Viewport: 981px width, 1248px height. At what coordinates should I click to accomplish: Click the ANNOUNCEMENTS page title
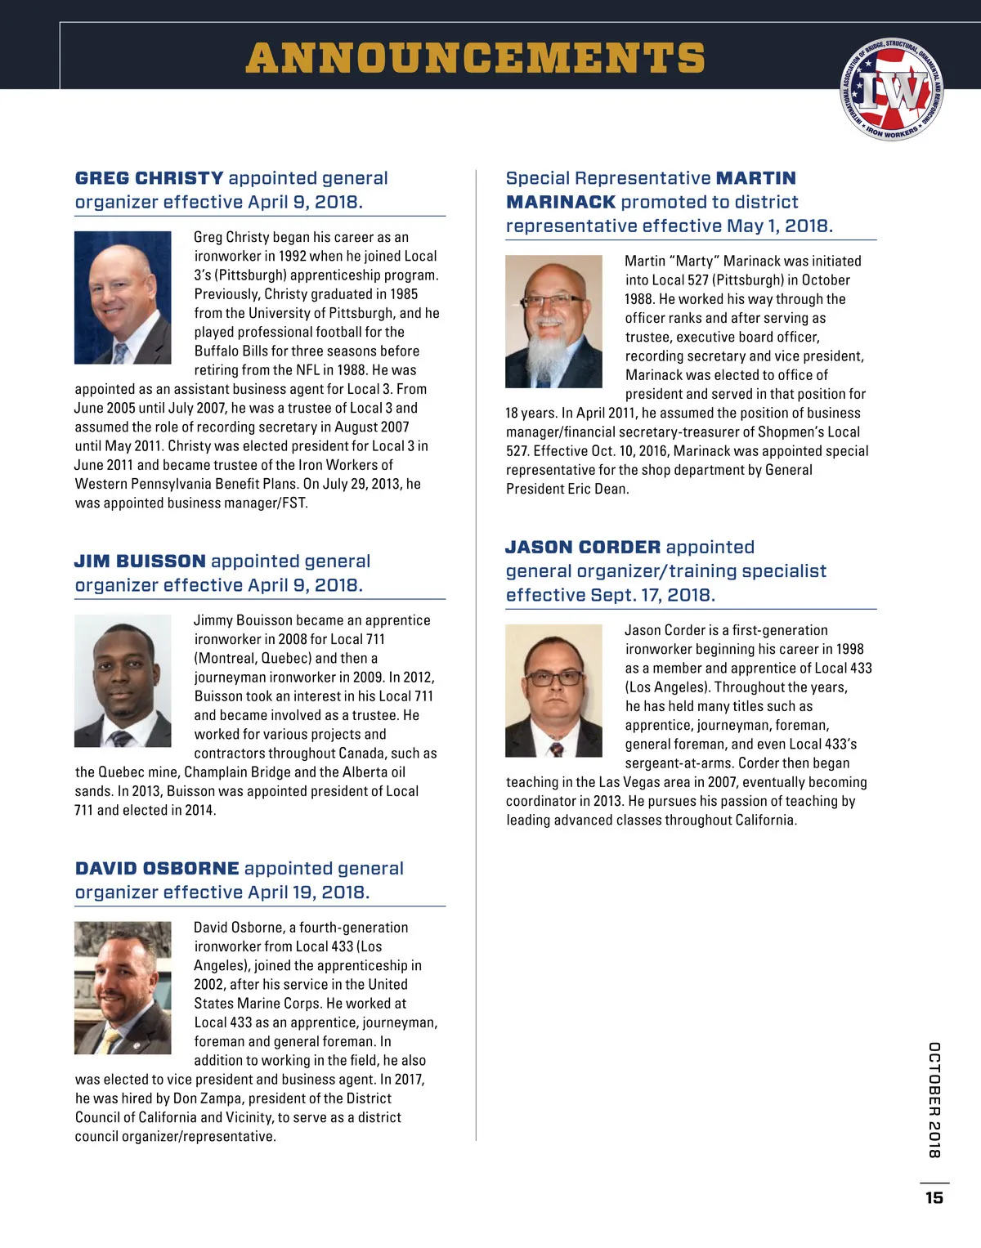475,58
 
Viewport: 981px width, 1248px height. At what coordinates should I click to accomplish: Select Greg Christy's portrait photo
123,297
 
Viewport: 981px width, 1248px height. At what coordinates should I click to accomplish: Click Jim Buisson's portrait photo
123,681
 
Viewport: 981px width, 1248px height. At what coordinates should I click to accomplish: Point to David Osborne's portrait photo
123,987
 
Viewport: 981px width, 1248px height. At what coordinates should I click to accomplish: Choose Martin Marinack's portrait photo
553,321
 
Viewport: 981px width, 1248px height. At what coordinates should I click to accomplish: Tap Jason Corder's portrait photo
553,691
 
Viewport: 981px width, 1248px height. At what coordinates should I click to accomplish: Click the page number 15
934,1197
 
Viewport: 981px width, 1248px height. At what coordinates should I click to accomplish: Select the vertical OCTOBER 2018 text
934,1099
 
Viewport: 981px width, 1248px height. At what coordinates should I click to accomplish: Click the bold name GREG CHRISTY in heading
149,178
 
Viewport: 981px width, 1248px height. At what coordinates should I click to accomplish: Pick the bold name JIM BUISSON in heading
140,561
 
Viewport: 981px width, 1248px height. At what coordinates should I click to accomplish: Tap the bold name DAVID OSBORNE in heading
157,869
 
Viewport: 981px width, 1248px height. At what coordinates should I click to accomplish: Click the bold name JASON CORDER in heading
583,548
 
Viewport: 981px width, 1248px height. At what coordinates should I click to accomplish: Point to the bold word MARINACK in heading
561,202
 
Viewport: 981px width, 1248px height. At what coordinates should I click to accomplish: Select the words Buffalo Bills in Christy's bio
231,351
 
